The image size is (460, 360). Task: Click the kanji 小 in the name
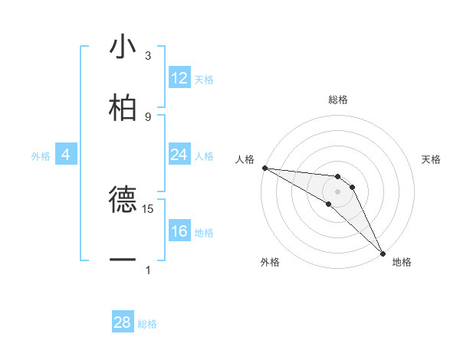tap(122, 47)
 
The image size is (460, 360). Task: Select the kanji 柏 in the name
tap(122, 107)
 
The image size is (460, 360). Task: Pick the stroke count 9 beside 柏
tap(148, 116)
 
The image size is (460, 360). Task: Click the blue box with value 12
tap(179, 78)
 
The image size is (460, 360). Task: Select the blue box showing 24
tap(179, 155)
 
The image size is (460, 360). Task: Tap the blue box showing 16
tap(179, 231)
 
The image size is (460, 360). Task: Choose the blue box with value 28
tap(123, 322)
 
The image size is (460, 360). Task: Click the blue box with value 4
tap(65, 155)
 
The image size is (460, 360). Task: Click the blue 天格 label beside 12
tap(204, 80)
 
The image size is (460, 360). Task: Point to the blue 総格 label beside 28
tap(147, 324)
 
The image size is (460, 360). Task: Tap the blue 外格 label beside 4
tap(41, 156)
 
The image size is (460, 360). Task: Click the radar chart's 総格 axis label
tap(338, 100)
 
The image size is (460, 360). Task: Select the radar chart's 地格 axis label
tap(402, 262)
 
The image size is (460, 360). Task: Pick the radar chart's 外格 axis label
tap(270, 262)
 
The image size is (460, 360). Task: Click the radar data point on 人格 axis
tap(264, 168)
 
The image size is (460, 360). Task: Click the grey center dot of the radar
tap(338, 191)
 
